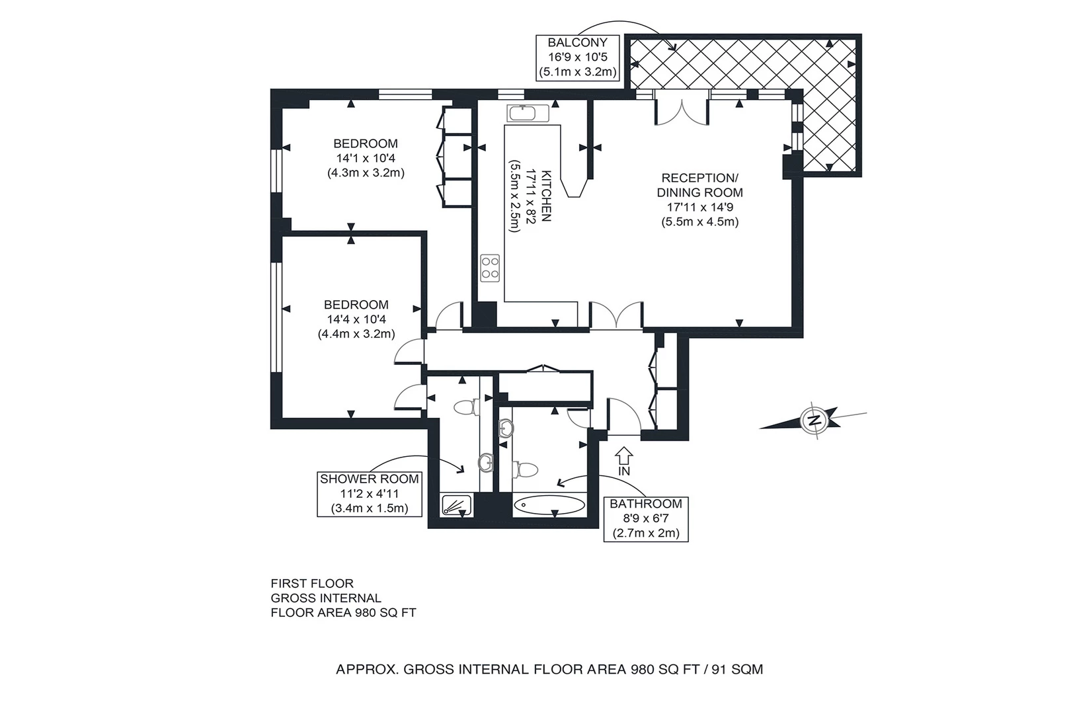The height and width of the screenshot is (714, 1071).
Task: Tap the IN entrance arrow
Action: pos(624,456)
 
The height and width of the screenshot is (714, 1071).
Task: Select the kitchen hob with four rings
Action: pos(490,268)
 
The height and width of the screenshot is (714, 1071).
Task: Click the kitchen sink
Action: pos(528,113)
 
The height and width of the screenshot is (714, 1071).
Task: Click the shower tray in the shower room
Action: pos(457,505)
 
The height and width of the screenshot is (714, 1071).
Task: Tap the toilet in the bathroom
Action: pos(526,469)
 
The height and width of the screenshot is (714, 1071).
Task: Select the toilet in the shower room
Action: pos(466,407)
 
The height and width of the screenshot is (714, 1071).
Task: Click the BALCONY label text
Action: pos(578,42)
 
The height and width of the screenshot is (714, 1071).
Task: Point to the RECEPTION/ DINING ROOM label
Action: pos(700,185)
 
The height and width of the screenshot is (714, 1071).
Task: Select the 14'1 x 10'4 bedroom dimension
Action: pos(366,158)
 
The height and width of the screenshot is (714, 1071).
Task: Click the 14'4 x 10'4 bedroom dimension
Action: pos(356,319)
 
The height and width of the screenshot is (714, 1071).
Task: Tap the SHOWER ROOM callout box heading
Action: pos(370,479)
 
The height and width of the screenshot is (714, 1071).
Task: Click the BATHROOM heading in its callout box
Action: pos(646,504)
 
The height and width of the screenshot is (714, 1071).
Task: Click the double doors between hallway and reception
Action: pos(616,315)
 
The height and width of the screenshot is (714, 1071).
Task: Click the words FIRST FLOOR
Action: pos(312,584)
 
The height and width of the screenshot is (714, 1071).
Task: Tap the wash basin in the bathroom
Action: pos(505,428)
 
